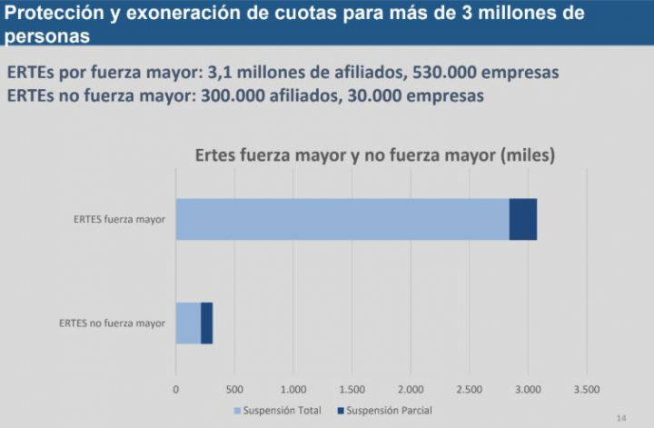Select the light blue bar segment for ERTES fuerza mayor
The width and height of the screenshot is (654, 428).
(x=342, y=219)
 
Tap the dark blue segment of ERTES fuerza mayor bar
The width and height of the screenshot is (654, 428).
(x=522, y=219)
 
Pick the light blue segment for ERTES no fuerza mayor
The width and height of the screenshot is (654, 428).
(x=188, y=323)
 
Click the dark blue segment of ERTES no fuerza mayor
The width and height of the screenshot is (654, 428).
(x=206, y=323)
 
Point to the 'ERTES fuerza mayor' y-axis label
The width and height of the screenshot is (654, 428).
(x=119, y=220)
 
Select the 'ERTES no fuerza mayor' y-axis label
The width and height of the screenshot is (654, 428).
(x=112, y=323)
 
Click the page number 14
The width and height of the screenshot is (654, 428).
(x=621, y=417)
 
